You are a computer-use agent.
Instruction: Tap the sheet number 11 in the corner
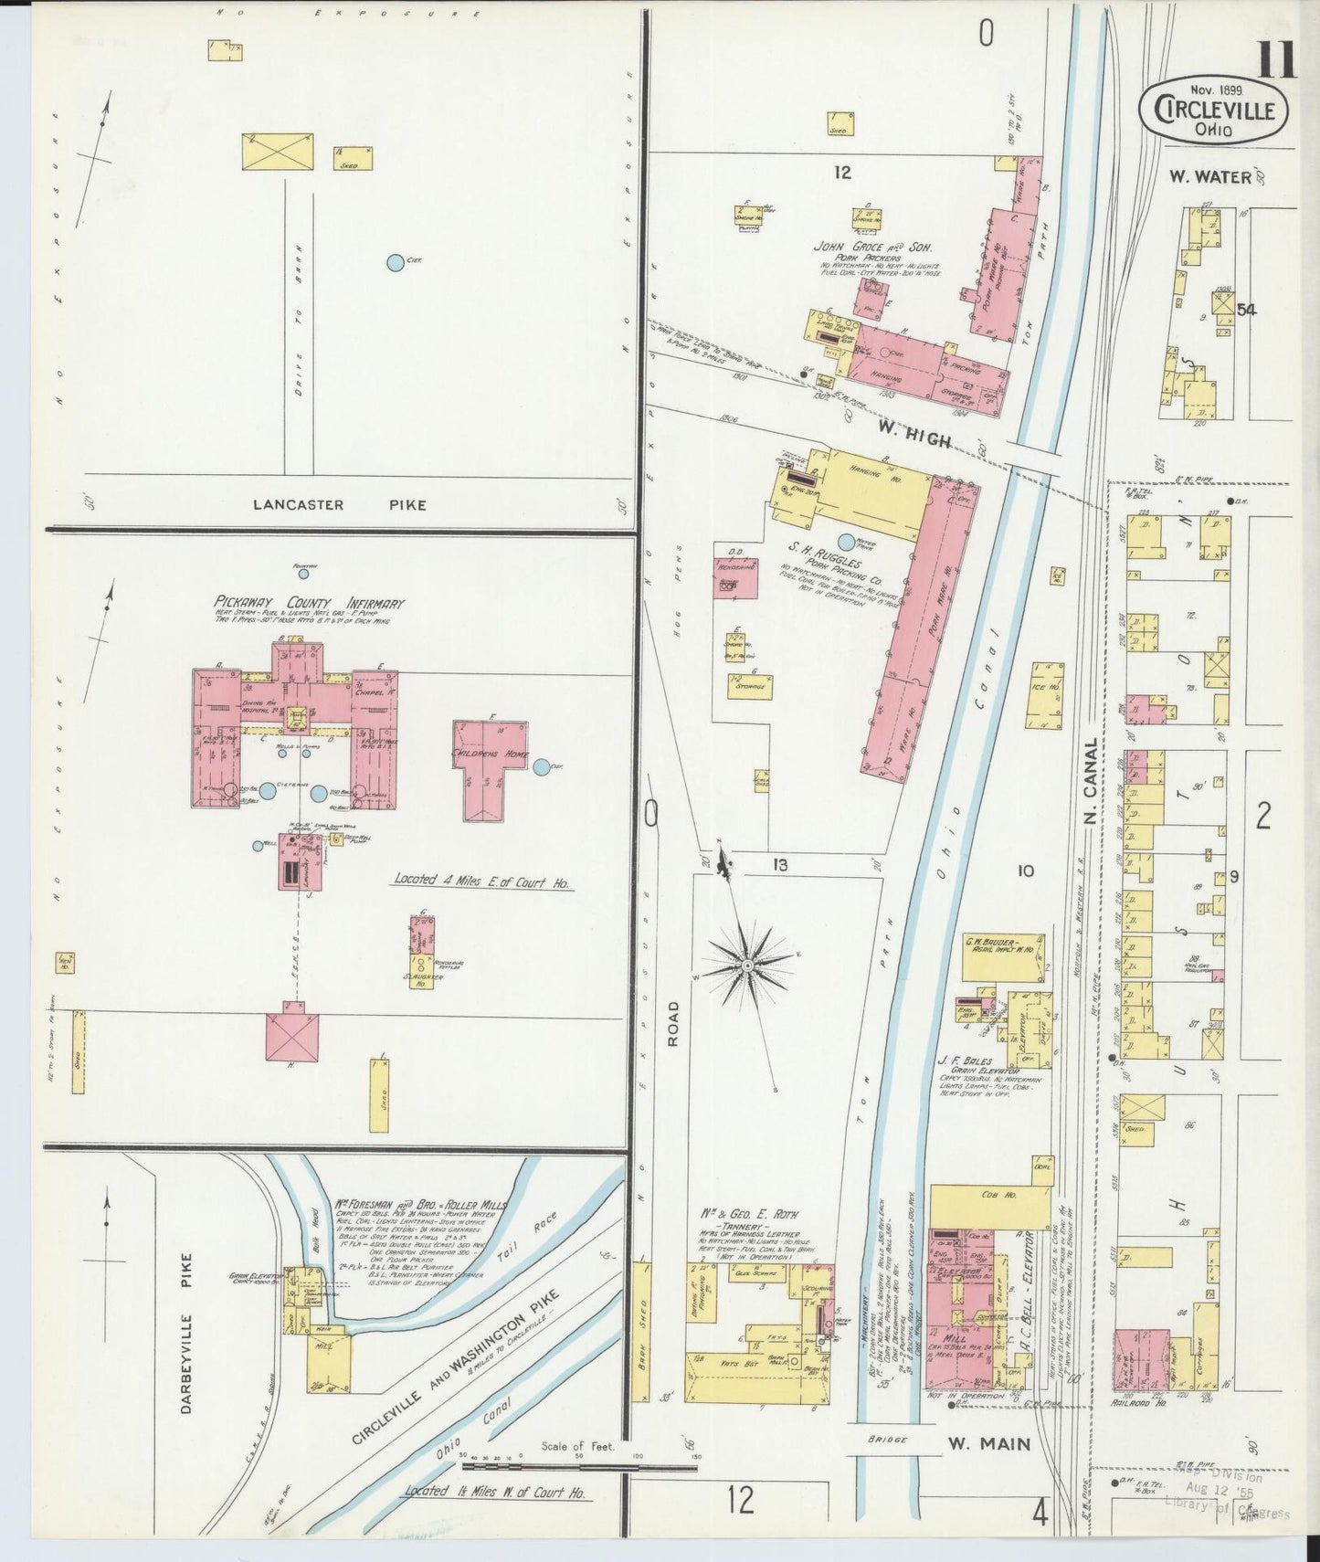click(x=1276, y=38)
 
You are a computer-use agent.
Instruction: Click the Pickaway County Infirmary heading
click(x=308, y=604)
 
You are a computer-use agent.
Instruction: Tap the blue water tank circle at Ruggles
click(x=846, y=542)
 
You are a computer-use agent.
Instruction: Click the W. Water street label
click(x=1209, y=177)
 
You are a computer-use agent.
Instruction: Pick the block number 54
click(x=1246, y=310)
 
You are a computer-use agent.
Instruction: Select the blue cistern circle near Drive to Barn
click(x=395, y=262)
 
